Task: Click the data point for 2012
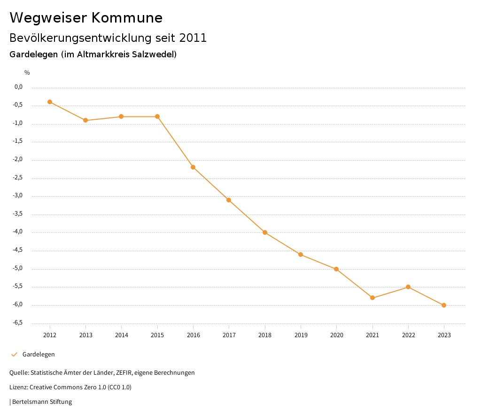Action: (50, 102)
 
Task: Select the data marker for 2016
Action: (193, 167)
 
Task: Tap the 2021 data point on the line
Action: (372, 298)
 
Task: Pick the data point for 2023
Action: (444, 305)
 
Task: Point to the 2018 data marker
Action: (265, 232)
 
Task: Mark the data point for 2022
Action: (408, 287)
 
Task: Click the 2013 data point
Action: (85, 120)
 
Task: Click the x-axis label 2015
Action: (157, 335)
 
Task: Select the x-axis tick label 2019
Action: (301, 335)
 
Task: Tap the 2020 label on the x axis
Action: (336, 335)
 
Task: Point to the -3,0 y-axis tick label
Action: (18, 196)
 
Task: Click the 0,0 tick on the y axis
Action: (19, 87)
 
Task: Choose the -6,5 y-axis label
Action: (18, 323)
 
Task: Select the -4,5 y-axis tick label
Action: (18, 250)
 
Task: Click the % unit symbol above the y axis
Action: (27, 73)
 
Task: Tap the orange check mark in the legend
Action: (14, 355)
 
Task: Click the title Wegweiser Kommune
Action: (86, 18)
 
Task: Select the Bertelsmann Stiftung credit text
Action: (42, 402)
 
